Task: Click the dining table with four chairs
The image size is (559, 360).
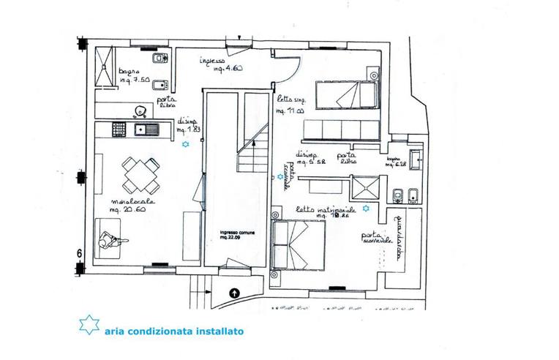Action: pyautogui.click(x=139, y=174)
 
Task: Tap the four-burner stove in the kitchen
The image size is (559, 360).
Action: pyautogui.click(x=119, y=130)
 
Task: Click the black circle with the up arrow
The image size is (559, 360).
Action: pyautogui.click(x=233, y=293)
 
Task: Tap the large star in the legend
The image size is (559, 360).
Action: pyautogui.click(x=88, y=325)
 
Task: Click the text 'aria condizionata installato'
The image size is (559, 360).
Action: pyautogui.click(x=173, y=331)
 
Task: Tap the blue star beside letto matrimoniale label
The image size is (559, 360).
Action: pyautogui.click(x=366, y=209)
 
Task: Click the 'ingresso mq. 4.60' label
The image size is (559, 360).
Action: pyautogui.click(x=219, y=64)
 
